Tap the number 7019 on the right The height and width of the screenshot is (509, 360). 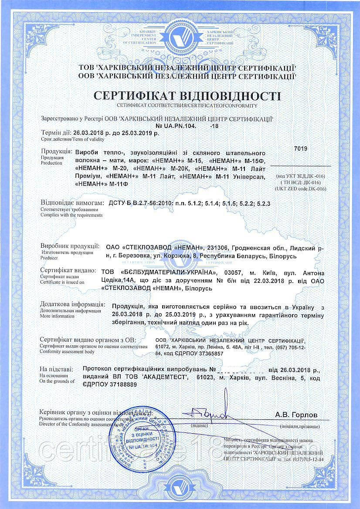[x=301, y=148]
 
